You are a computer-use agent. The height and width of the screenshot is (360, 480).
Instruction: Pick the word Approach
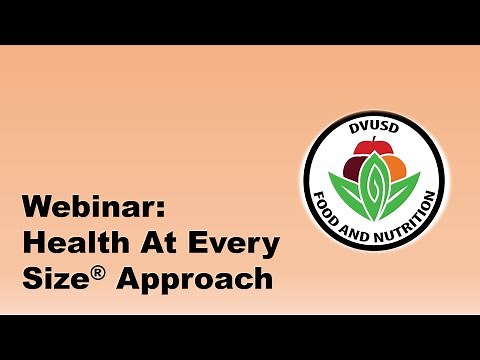tap(196, 279)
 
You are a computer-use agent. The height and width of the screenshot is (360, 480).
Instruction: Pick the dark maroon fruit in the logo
tap(353, 163)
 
